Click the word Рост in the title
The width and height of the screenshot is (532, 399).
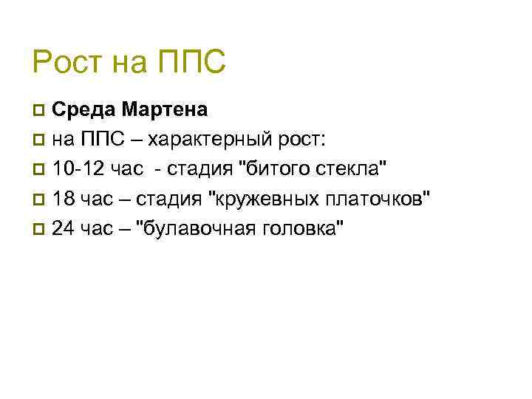pos(66,63)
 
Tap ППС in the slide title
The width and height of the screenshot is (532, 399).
pos(191,63)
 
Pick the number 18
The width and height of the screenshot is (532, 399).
pos(64,199)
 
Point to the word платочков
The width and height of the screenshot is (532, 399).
pos(378,199)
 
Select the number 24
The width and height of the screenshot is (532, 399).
pos(64,228)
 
